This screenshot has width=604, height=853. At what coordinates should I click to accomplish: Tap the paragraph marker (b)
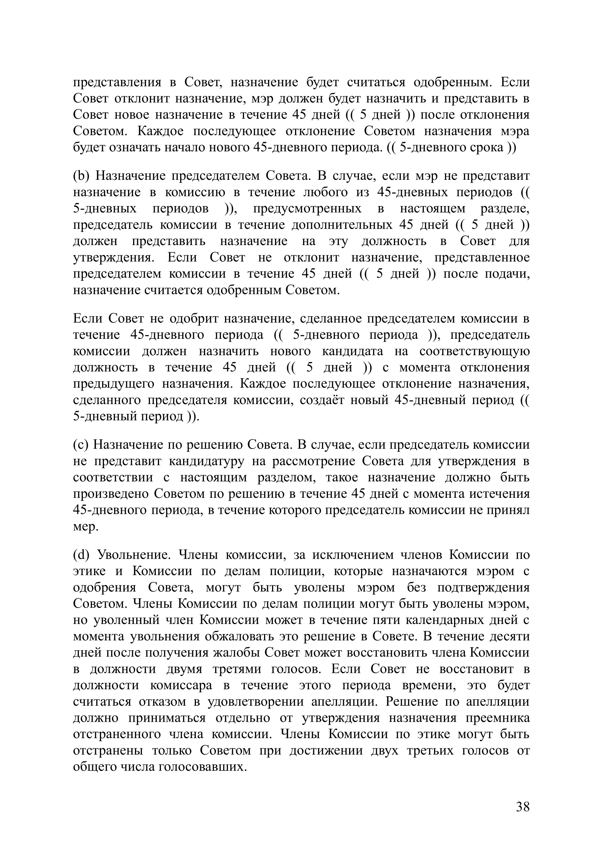81,176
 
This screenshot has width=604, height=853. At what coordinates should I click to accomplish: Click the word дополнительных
342,225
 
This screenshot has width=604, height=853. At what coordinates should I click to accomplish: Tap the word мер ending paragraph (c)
86,527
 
